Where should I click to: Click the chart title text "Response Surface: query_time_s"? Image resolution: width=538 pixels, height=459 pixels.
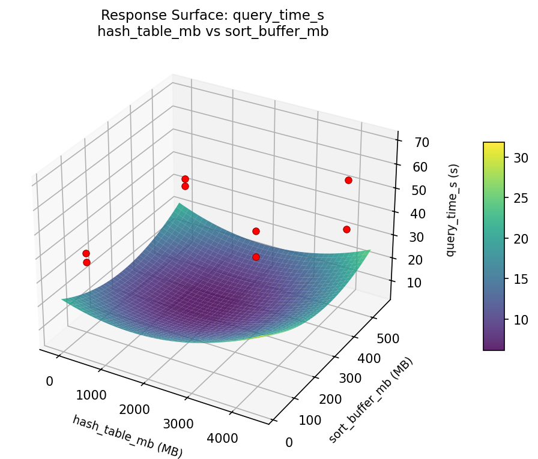(213, 15)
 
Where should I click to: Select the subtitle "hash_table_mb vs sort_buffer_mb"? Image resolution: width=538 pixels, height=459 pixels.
(213, 32)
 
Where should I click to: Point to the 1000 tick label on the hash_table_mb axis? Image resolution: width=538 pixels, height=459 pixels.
(91, 395)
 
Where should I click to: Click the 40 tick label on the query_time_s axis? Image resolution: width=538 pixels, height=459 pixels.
(420, 214)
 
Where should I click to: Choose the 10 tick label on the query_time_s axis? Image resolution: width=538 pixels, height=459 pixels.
(420, 283)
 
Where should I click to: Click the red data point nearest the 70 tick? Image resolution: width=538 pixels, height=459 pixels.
(348, 180)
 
